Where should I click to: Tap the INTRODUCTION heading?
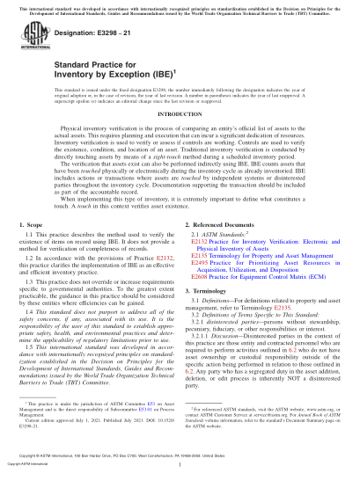(179, 139)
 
